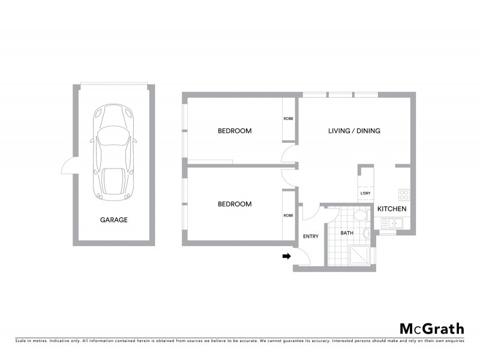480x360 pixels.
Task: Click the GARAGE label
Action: (113, 220)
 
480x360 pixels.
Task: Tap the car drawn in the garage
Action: (113, 153)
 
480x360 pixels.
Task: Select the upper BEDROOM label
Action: (234, 131)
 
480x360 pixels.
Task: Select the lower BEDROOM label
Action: (234, 204)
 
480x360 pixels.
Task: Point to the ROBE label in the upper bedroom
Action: (288, 118)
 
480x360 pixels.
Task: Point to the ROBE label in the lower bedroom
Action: (288, 215)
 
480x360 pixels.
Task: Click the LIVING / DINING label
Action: (354, 131)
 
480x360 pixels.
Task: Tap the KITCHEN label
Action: (392, 209)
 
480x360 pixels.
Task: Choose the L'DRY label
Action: (365, 193)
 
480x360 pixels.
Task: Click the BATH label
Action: (347, 232)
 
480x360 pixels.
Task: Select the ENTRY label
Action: (311, 236)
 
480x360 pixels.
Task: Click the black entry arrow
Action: (287, 256)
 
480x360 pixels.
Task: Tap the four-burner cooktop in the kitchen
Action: (404, 195)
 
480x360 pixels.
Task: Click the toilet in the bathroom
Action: (360, 215)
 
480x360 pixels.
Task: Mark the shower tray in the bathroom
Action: (360, 255)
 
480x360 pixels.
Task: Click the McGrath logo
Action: (432, 328)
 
